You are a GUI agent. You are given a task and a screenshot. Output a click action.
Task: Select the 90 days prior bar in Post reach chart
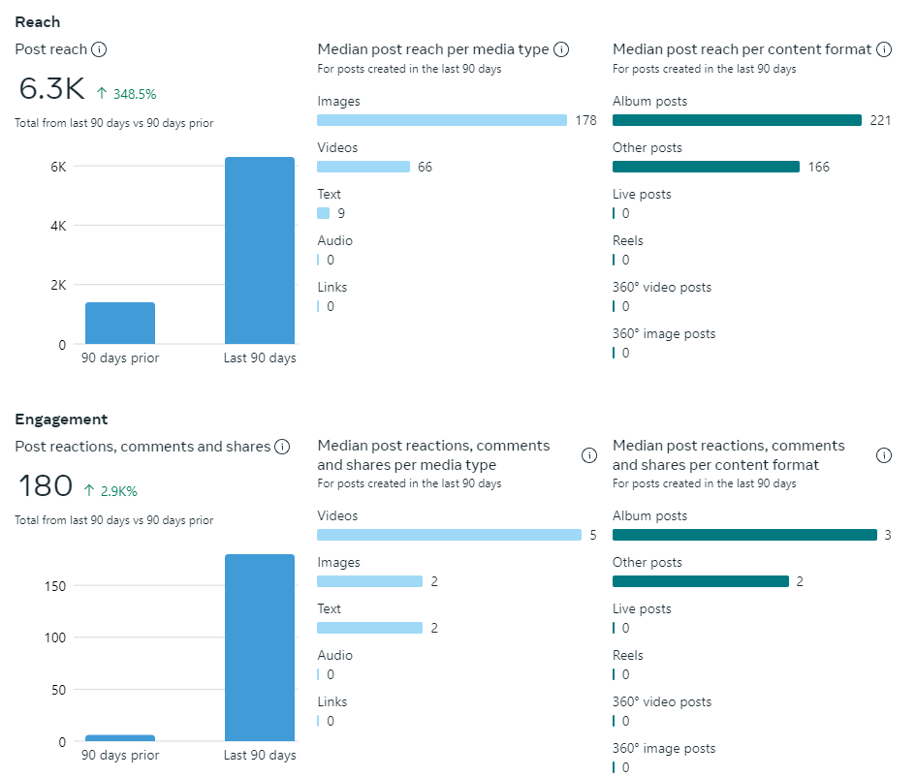click(x=120, y=324)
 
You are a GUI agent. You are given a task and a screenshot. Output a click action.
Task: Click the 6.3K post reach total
click(x=52, y=88)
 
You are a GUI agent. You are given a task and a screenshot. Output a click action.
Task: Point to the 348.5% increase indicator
click(x=127, y=94)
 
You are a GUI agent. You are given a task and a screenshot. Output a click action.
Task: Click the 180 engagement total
click(x=46, y=485)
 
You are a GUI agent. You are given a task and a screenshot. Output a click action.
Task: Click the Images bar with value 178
click(x=442, y=120)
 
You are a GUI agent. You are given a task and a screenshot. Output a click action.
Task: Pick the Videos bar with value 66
click(x=363, y=167)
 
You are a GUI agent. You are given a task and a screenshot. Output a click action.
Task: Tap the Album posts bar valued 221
click(x=737, y=120)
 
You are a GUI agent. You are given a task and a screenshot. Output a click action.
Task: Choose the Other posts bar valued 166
click(x=706, y=167)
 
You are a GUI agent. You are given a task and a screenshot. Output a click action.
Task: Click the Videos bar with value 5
click(x=449, y=535)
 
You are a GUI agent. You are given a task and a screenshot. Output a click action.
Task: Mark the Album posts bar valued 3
click(x=744, y=535)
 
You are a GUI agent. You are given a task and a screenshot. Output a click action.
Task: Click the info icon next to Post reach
click(x=99, y=49)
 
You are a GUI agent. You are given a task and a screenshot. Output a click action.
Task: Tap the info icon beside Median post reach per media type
click(x=561, y=49)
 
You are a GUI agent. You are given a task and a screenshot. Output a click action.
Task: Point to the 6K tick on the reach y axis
click(x=58, y=167)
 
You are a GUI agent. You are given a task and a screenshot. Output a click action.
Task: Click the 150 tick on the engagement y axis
click(x=54, y=586)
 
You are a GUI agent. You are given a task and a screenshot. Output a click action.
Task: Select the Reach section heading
click(x=38, y=22)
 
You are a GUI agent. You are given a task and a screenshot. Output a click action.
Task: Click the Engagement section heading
click(x=61, y=420)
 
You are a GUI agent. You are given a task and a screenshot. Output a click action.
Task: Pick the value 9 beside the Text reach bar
click(x=341, y=213)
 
